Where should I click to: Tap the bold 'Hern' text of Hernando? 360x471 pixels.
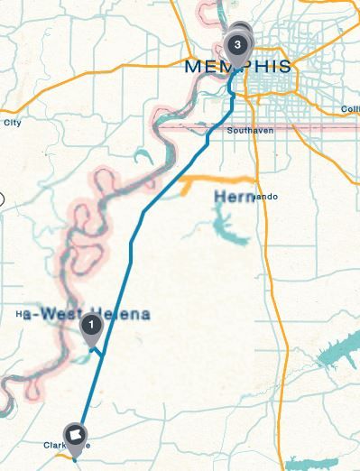(x=235, y=197)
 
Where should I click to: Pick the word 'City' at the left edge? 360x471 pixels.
(x=12, y=123)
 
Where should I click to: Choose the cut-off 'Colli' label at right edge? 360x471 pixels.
(x=350, y=109)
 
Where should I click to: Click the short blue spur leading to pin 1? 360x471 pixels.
(x=98, y=349)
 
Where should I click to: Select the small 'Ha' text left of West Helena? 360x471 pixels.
(x=20, y=315)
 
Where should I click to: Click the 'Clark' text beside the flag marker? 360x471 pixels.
(x=55, y=445)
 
